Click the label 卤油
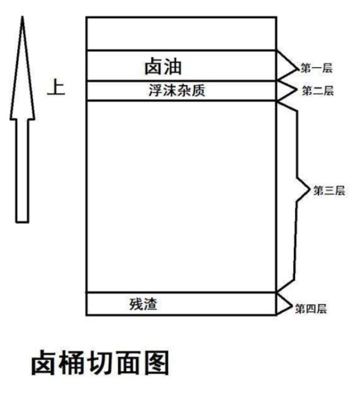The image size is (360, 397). [x=163, y=65]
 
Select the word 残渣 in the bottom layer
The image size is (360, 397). [x=143, y=304]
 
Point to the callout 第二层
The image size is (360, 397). [x=317, y=91]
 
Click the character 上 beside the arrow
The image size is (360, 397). [x=56, y=88]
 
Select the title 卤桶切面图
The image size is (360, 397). [x=100, y=363]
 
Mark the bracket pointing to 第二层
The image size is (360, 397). [x=288, y=90]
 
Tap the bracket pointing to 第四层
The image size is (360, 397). [x=284, y=304]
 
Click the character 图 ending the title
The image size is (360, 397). [x=155, y=364]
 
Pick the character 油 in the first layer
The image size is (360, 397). [x=173, y=65]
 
